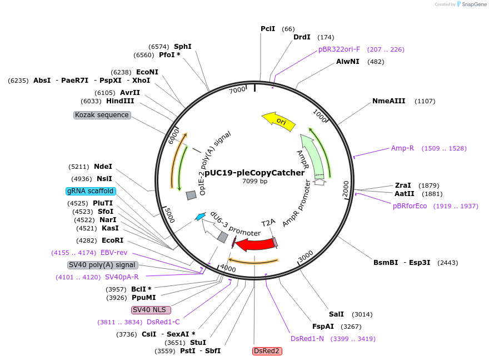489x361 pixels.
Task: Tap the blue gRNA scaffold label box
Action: [x=91, y=191]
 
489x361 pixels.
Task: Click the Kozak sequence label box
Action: [x=102, y=115]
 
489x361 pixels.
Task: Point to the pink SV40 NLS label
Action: [x=151, y=310]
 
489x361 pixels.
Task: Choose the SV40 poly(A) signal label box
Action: [x=103, y=265]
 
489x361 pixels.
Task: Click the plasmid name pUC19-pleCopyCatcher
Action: [x=255, y=173]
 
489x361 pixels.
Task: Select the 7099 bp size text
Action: [x=255, y=181]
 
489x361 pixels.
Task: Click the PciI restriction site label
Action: [x=268, y=29]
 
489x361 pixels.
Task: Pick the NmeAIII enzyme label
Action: [x=389, y=101]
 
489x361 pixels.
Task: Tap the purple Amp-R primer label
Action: [x=403, y=148]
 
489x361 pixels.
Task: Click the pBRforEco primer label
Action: [x=410, y=206]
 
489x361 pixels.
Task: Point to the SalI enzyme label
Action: [x=337, y=314]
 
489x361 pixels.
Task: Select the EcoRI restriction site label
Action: [x=113, y=240]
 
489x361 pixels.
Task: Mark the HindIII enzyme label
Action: [x=121, y=101]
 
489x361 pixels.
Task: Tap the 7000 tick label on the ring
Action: [x=237, y=90]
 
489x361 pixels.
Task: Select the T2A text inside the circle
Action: [x=268, y=222]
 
